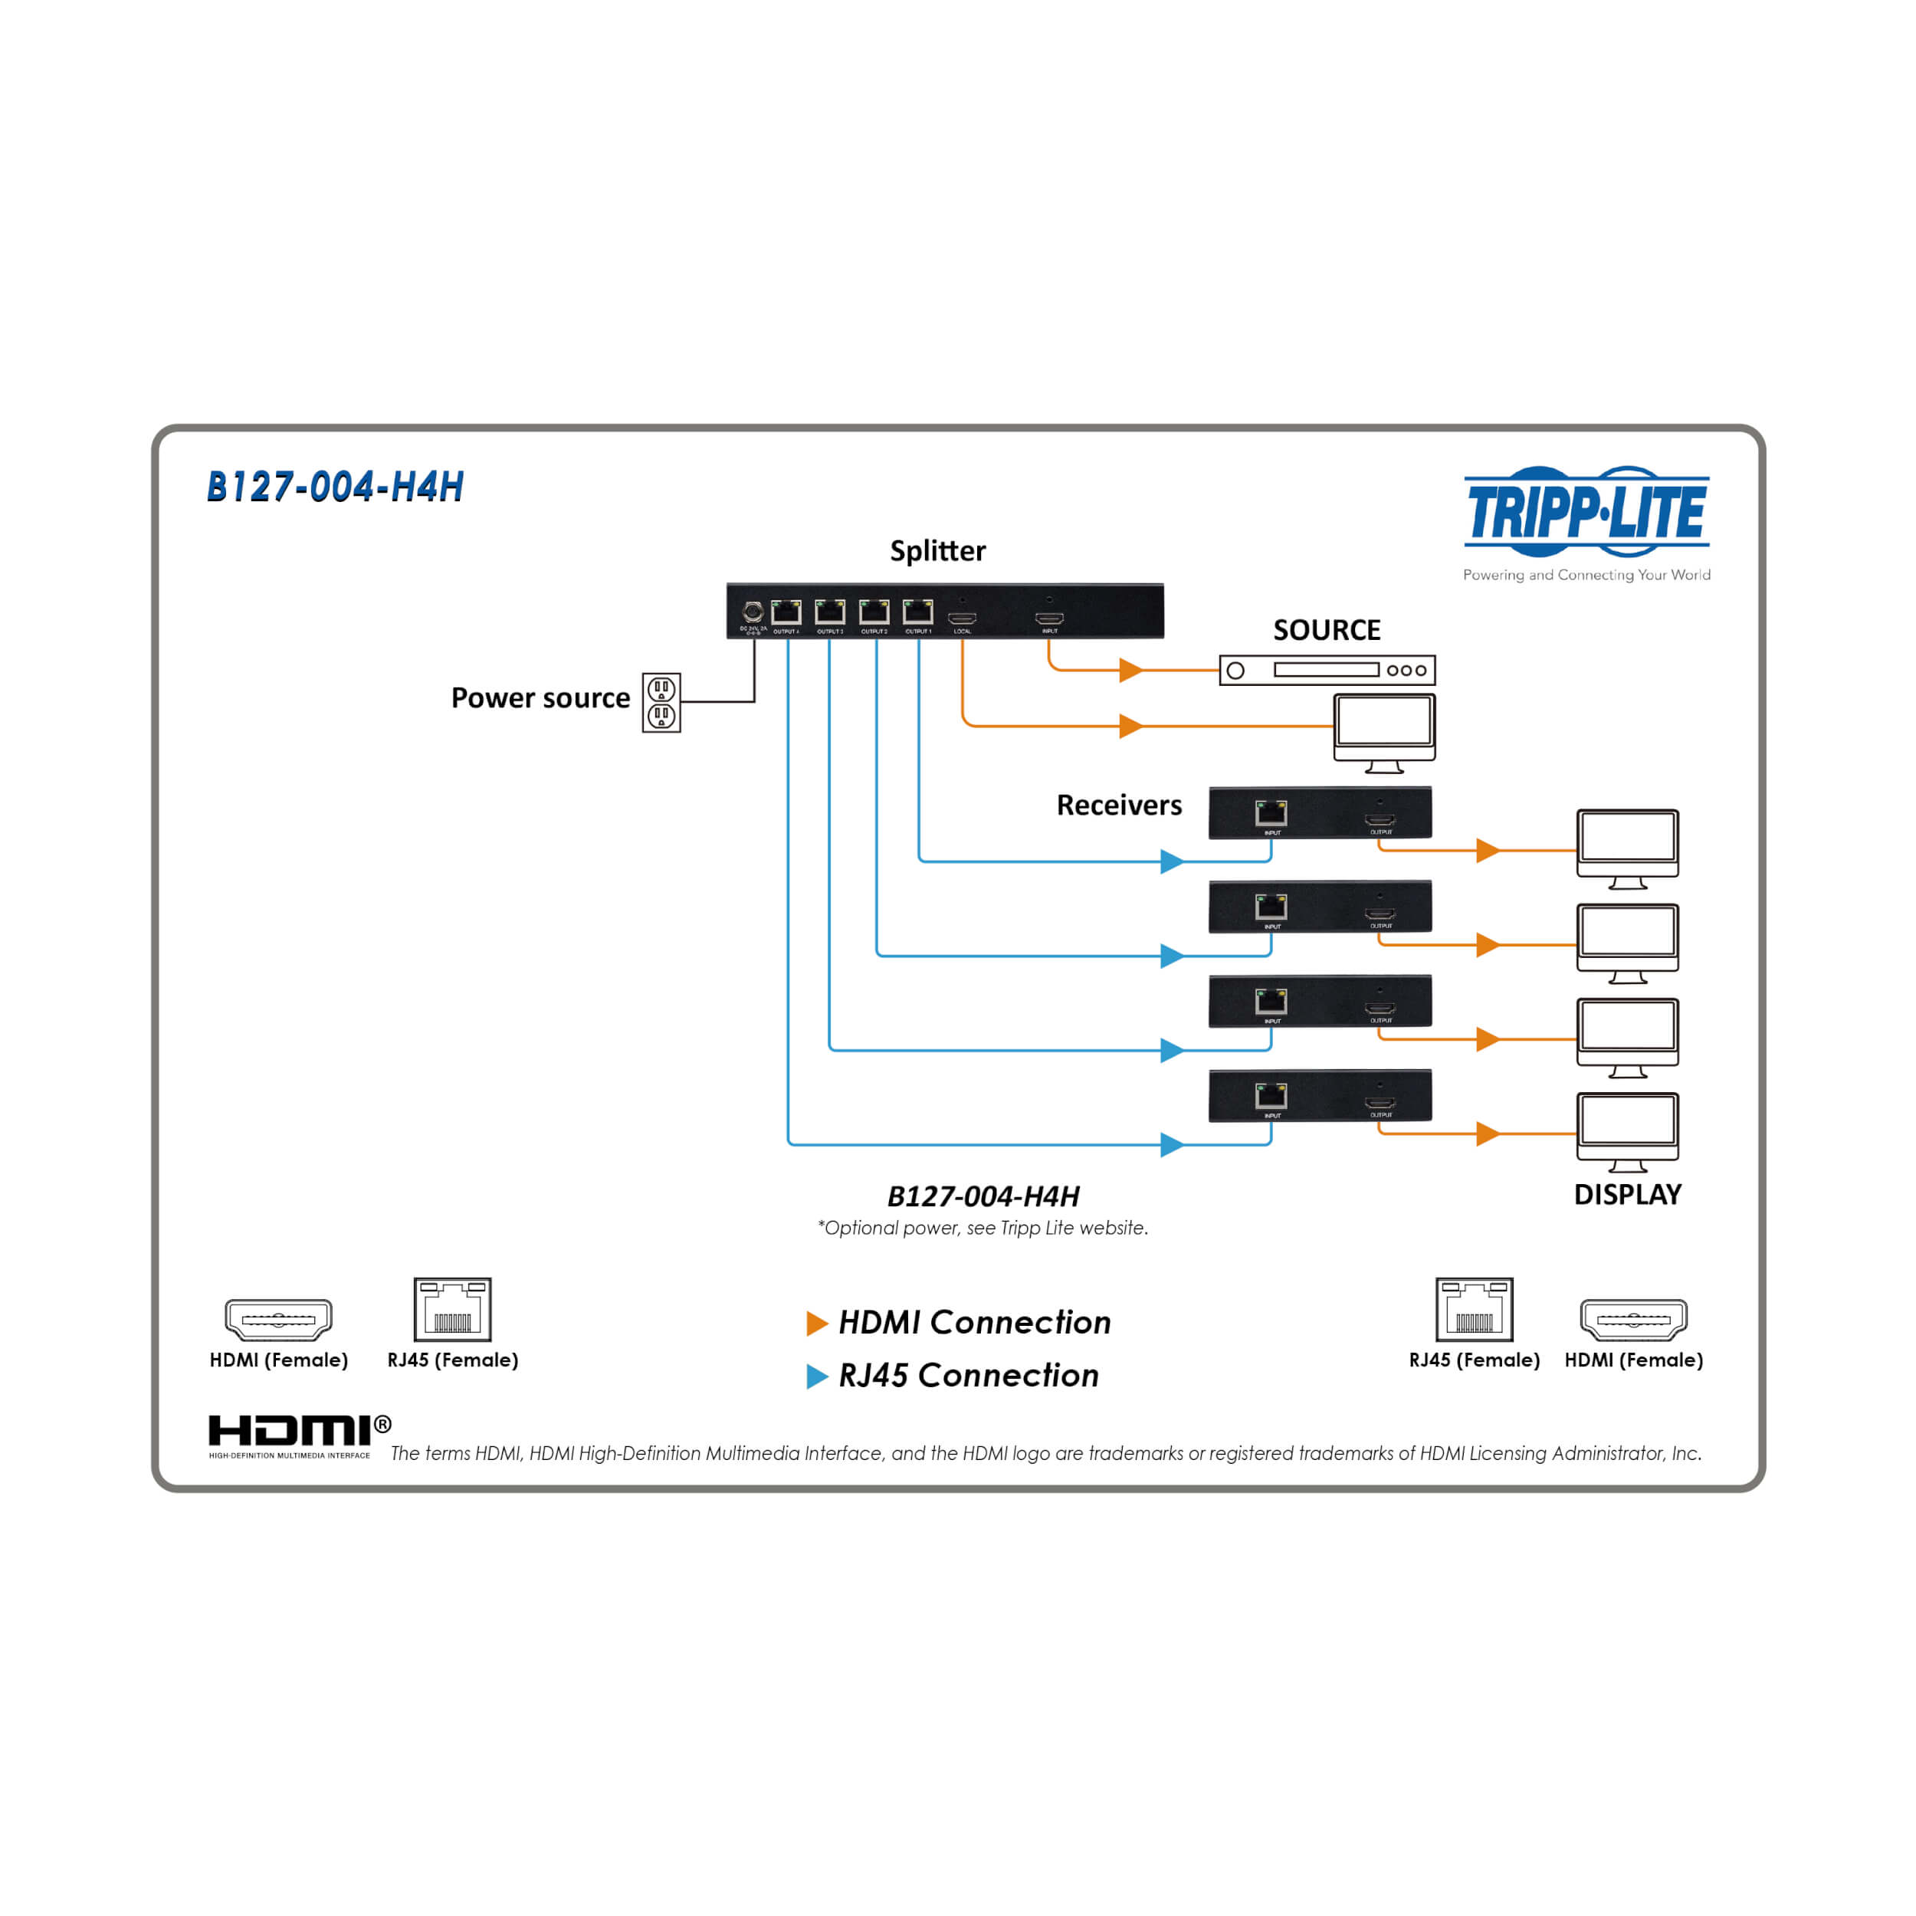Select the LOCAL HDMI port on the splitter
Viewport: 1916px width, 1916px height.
pyautogui.click(x=962, y=618)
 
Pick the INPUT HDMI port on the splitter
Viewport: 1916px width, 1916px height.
pyautogui.click(x=1049, y=618)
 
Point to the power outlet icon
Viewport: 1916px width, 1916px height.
pyautogui.click(x=661, y=702)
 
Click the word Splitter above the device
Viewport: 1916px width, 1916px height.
pyautogui.click(x=937, y=551)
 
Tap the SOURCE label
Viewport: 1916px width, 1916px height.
pyautogui.click(x=1326, y=631)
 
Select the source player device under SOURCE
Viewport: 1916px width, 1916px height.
pyautogui.click(x=1327, y=671)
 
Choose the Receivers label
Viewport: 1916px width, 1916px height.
pyautogui.click(x=1119, y=805)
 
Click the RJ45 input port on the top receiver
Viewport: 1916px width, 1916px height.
pyautogui.click(x=1271, y=813)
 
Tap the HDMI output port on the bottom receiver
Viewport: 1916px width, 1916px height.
pyautogui.click(x=1380, y=1103)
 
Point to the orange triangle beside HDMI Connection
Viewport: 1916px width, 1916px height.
pyautogui.click(x=817, y=1323)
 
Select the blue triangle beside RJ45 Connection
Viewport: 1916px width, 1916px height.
pyautogui.click(x=817, y=1376)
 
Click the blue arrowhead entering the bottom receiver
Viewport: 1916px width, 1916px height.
pyautogui.click(x=1171, y=1144)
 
